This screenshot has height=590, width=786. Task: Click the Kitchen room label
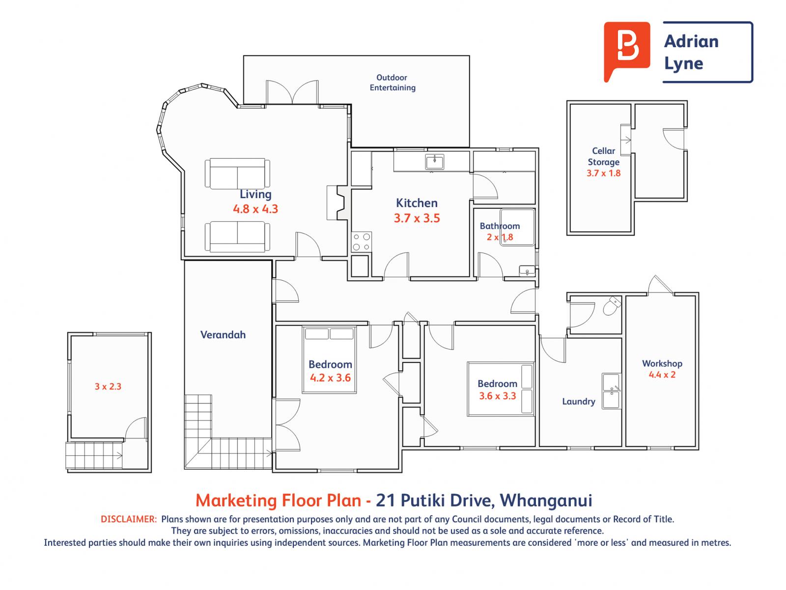point(417,203)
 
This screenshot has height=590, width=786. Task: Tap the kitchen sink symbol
point(434,162)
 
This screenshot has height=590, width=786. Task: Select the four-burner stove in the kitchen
point(361,242)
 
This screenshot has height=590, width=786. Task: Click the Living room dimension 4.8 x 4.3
point(255,209)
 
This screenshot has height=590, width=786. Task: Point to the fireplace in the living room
point(337,203)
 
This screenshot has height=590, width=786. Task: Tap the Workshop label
point(662,364)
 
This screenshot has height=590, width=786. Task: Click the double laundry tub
point(611,391)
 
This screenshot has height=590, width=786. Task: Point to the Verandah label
point(223,335)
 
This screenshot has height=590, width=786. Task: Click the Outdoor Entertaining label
point(393,83)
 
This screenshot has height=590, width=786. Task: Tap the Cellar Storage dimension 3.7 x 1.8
point(603,174)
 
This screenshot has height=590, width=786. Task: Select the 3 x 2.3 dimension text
point(108,386)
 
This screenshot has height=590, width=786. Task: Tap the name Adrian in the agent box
point(691,41)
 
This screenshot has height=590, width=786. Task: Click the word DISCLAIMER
point(129,519)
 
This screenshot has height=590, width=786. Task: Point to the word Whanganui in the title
point(546,501)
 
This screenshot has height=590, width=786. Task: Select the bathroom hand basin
point(527,271)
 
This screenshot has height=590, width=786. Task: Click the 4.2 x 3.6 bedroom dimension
point(330,378)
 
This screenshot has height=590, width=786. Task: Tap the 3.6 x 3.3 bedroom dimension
point(497,396)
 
